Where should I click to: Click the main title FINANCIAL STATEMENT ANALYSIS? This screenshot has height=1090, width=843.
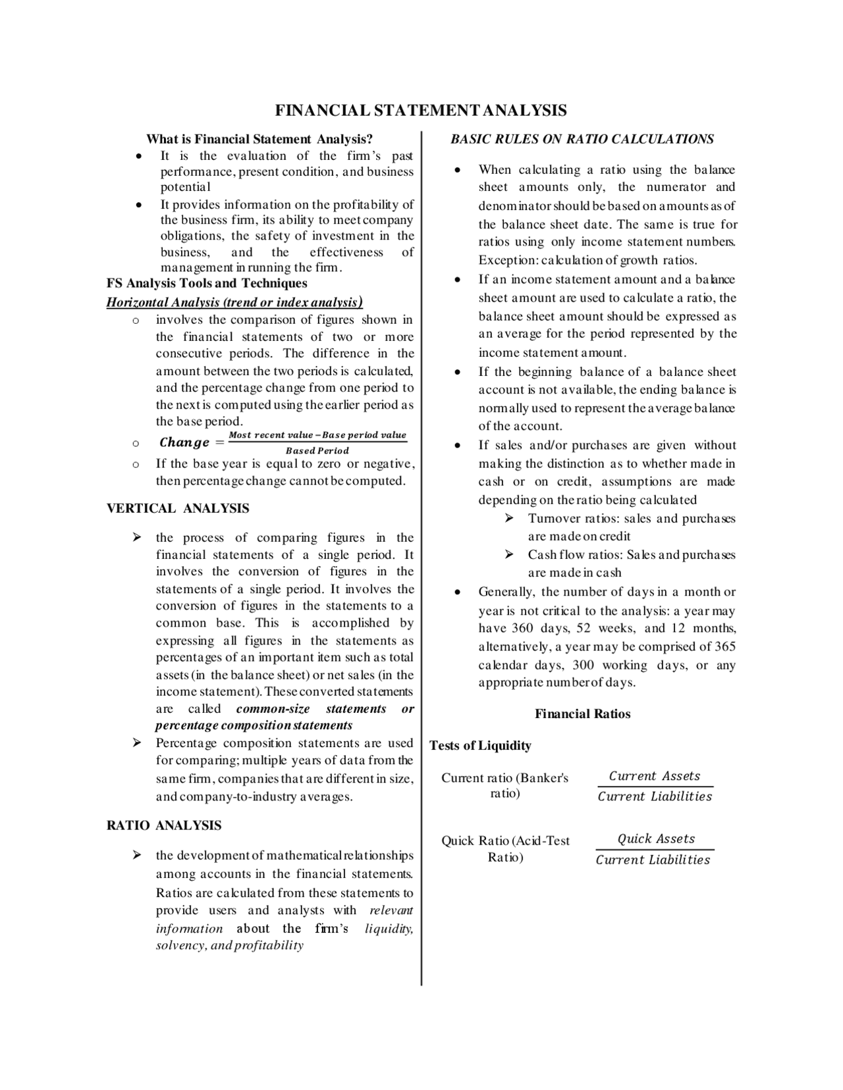click(420, 110)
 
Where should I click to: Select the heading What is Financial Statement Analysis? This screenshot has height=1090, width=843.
click(259, 139)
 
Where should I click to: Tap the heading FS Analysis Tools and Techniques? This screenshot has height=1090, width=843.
click(207, 283)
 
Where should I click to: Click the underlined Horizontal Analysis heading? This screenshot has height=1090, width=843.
click(234, 302)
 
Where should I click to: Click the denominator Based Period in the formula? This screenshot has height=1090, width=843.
click(317, 451)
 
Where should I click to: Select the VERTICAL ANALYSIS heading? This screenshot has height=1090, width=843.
click(178, 508)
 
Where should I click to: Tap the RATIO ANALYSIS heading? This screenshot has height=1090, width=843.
click(164, 825)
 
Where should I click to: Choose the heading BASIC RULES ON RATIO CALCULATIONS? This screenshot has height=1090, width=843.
click(582, 139)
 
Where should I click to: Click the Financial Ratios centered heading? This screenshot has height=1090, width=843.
click(582, 714)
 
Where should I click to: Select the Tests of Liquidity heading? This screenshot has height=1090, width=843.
click(480, 746)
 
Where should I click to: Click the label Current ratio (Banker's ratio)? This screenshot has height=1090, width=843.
click(504, 785)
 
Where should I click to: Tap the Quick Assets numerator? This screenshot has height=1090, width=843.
click(656, 839)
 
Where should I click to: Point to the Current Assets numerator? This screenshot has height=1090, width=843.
click(654, 776)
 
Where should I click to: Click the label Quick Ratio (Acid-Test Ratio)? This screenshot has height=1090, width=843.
click(505, 848)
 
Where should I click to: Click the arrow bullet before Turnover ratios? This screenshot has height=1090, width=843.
click(510, 519)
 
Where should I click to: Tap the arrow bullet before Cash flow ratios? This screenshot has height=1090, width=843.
click(510, 555)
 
